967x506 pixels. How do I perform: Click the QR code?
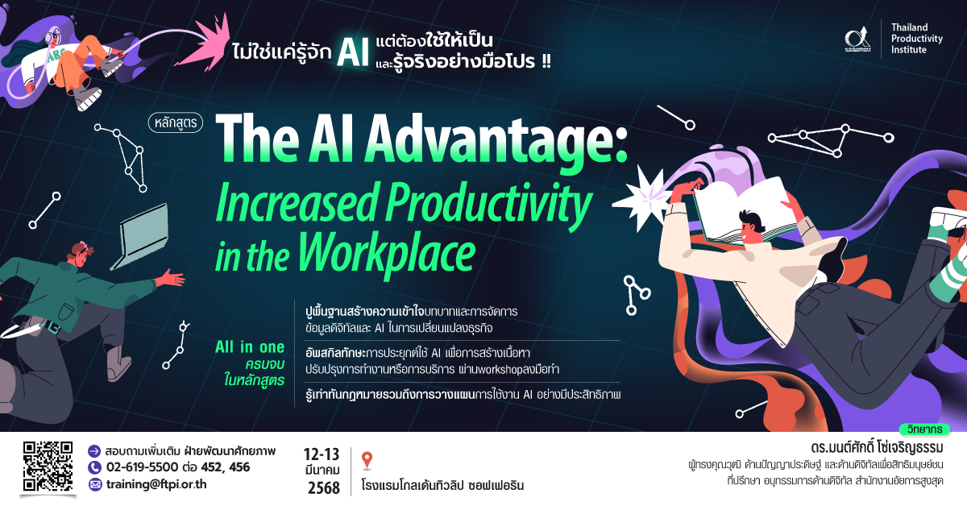point(48,467)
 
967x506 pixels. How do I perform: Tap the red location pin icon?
point(367,460)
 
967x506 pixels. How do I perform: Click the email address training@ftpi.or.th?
point(156,484)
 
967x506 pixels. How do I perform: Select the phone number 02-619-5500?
point(142,467)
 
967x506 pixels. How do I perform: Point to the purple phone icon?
point(94,467)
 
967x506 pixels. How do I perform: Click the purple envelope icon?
point(94,485)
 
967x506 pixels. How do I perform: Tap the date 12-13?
point(322,454)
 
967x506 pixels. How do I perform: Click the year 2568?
point(324,487)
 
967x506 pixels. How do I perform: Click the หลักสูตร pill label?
point(176,122)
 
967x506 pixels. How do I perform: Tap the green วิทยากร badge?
point(925,429)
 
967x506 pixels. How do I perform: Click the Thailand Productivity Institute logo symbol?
point(857,39)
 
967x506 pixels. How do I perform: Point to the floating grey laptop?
point(140,235)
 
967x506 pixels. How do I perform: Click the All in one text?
point(250,347)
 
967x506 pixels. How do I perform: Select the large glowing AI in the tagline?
point(353,52)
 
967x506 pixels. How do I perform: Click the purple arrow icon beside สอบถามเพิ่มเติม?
point(94,451)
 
